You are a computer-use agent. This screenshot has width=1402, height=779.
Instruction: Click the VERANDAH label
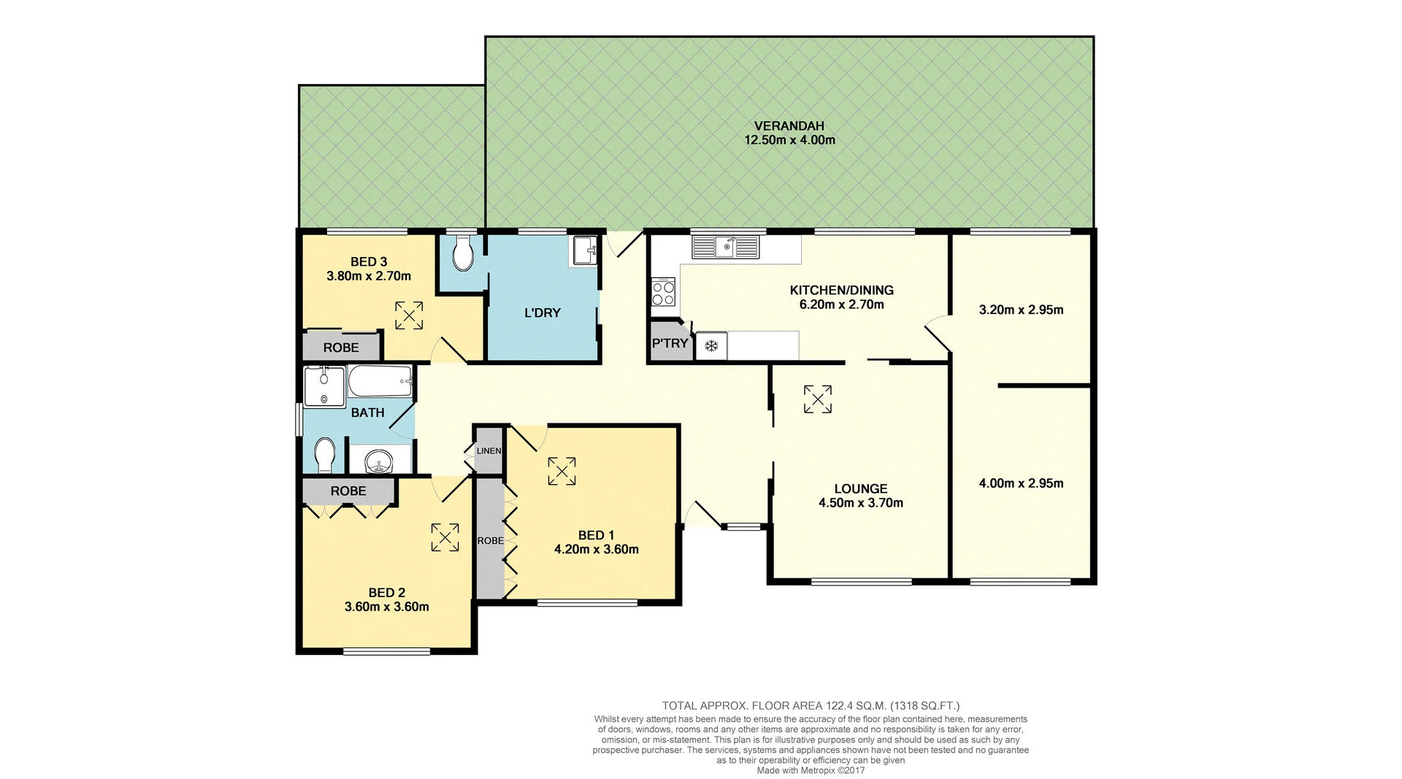pos(789,126)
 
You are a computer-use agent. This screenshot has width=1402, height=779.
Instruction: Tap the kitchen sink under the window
pos(727,247)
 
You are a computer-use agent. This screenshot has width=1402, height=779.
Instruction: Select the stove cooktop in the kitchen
pos(663,293)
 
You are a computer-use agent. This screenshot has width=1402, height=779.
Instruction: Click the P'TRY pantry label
pos(670,343)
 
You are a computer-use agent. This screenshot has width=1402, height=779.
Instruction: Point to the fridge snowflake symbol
pos(710,346)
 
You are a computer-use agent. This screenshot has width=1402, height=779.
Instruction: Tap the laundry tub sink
pos(585,250)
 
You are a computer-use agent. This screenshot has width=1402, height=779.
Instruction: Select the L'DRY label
pos(543,313)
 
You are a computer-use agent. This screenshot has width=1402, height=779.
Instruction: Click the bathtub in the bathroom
pos(380,381)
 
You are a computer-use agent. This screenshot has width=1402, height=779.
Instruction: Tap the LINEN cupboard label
pos(489,451)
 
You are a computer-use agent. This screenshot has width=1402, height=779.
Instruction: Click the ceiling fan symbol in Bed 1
pos(562,471)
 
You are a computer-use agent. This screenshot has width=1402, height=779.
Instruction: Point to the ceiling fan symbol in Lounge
pos(817,399)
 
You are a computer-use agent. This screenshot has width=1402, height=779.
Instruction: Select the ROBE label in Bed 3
pos(341,348)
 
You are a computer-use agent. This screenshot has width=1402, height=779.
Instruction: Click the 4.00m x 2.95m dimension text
pos(1020,483)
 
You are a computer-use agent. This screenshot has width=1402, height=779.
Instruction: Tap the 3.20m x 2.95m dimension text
pos(1020,310)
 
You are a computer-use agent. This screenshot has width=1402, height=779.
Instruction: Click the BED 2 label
pos(386,593)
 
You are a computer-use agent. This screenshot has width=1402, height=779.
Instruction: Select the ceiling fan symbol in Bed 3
pos(409,315)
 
